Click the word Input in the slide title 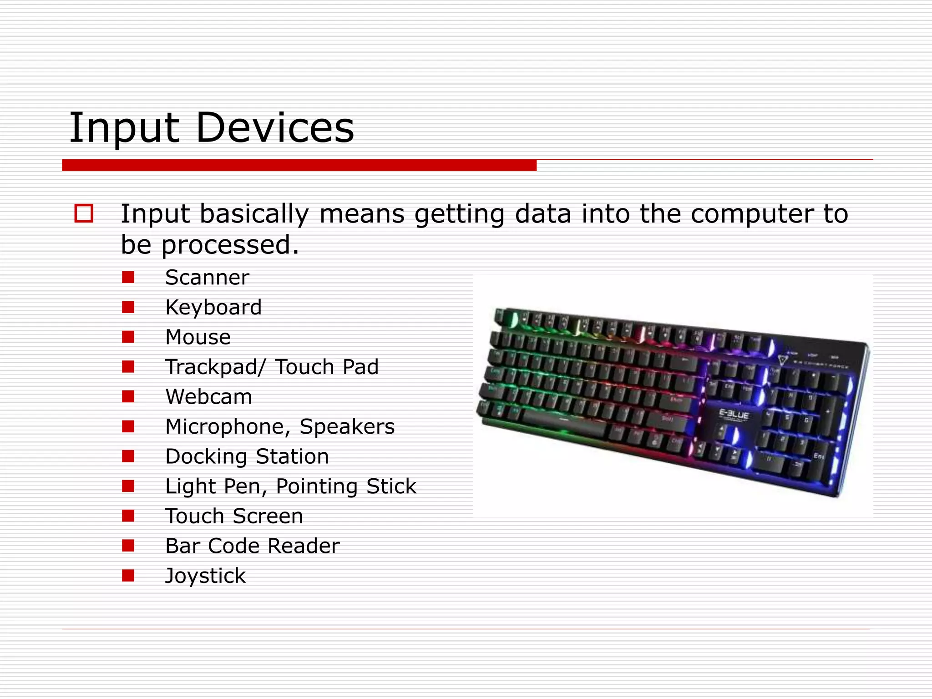click(124, 129)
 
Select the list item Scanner click(207, 278)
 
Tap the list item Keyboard click(213, 308)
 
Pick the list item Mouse click(198, 337)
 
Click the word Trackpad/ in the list click(215, 367)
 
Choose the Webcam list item click(208, 397)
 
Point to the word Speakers click(347, 427)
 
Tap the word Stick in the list click(391, 486)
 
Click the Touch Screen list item click(234, 517)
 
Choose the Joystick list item click(205, 576)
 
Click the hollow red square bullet click(84, 213)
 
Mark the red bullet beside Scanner click(128, 277)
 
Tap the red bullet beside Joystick click(128, 576)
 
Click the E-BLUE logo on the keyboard click(733, 414)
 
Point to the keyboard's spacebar click(564, 421)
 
